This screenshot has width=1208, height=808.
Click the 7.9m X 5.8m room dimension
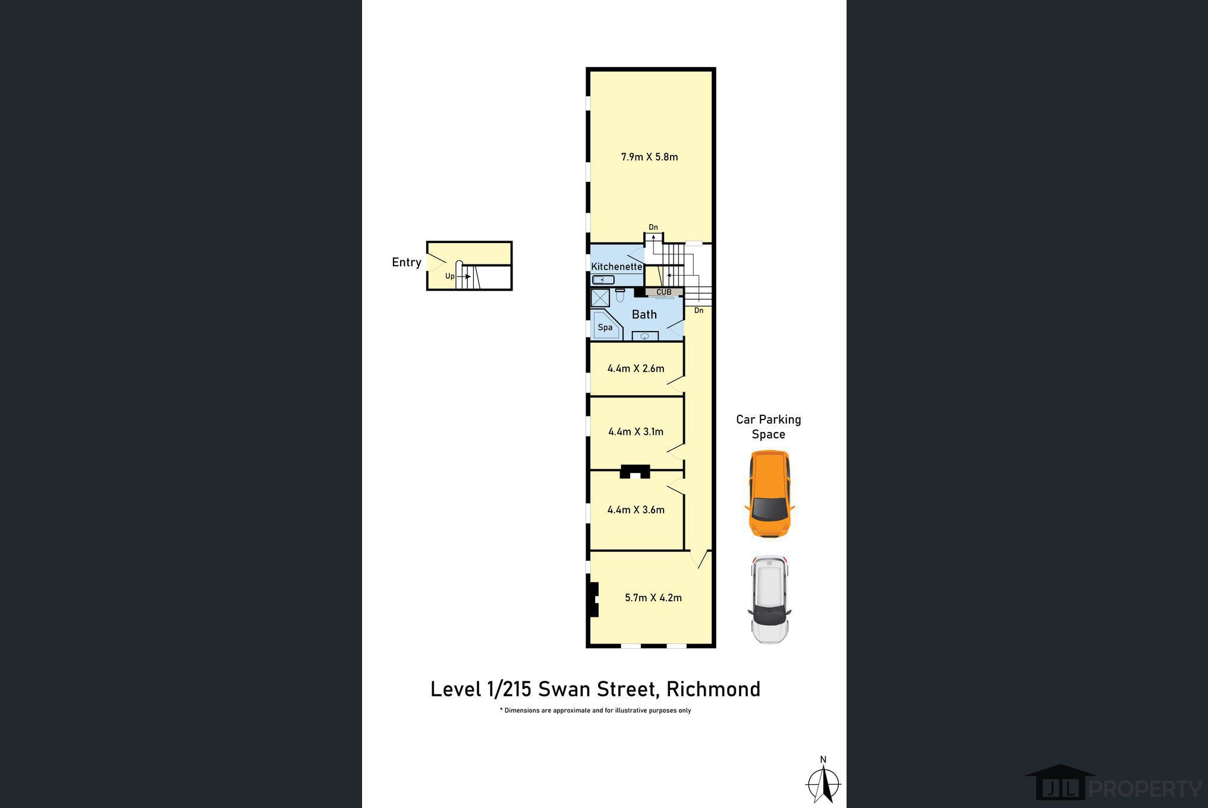pyautogui.click(x=649, y=157)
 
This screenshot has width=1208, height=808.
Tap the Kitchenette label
pyautogui.click(x=616, y=267)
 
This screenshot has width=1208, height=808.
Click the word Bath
pyautogui.click(x=644, y=314)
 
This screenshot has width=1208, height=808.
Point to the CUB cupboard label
pyautogui.click(x=664, y=292)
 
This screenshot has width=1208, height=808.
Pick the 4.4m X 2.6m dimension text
pyautogui.click(x=636, y=368)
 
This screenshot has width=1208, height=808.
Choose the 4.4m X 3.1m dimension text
pyautogui.click(x=636, y=432)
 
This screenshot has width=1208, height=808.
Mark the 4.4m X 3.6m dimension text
pyautogui.click(x=636, y=510)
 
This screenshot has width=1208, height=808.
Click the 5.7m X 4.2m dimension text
pyautogui.click(x=653, y=598)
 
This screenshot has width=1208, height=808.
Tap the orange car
pyautogui.click(x=769, y=494)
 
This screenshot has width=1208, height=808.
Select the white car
pyautogui.click(x=769, y=599)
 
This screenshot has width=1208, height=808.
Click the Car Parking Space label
pyautogui.click(x=769, y=427)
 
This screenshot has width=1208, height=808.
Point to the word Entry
pyautogui.click(x=407, y=263)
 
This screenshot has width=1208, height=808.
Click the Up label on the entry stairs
pyautogui.click(x=450, y=276)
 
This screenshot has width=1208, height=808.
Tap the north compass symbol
pyautogui.click(x=823, y=781)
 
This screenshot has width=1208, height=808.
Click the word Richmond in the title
pyautogui.click(x=713, y=689)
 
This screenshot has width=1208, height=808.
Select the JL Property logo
pyautogui.click(x=1113, y=782)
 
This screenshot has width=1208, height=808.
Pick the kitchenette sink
pyautogui.click(x=603, y=280)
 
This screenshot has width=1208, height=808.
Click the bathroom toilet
pyautogui.click(x=619, y=295)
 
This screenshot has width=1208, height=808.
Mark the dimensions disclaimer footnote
pyautogui.click(x=595, y=711)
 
